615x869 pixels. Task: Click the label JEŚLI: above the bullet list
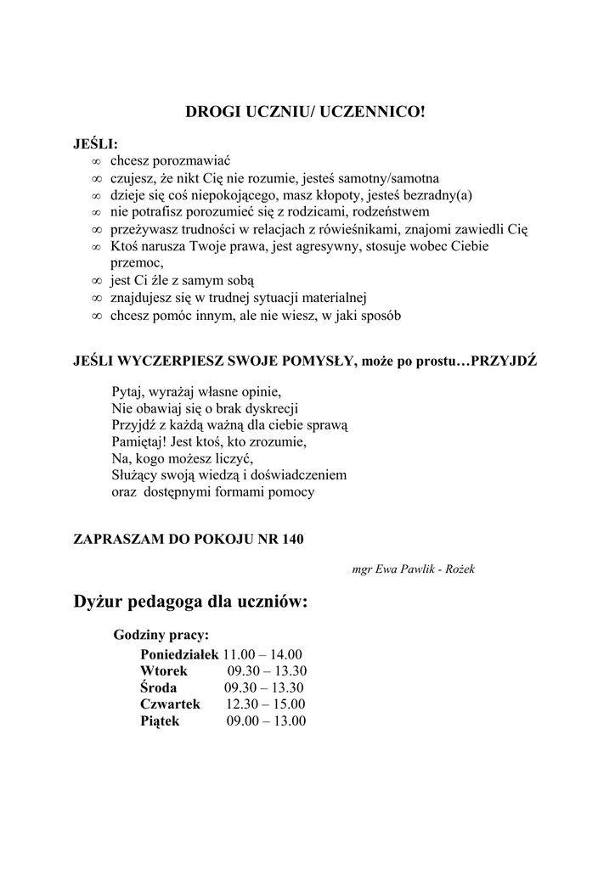pos(96,143)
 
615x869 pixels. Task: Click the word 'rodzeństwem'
pos(382,212)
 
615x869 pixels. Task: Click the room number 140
pos(291,539)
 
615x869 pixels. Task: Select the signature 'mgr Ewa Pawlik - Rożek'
pos(413,569)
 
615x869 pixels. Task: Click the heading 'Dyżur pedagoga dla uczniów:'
pos(190,603)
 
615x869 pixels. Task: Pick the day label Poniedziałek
pos(179,654)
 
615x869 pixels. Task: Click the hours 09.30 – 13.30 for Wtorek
pos(267,671)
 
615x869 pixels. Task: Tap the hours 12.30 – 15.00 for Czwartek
pos(265,704)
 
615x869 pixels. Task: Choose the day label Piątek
pos(160,721)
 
